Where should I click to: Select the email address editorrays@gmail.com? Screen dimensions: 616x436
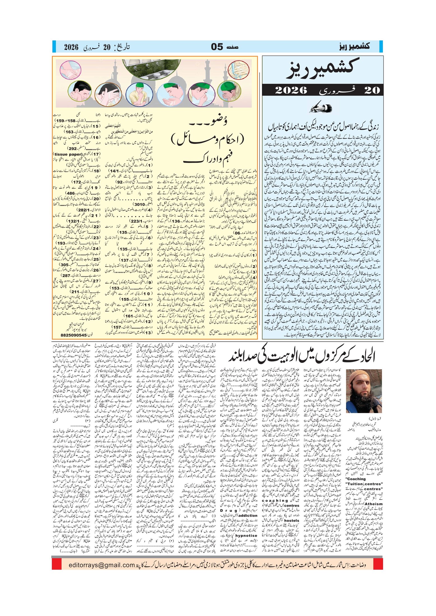point(102,565)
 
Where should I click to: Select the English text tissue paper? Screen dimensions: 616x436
point(68,154)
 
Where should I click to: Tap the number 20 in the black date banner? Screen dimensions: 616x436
point(372,90)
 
